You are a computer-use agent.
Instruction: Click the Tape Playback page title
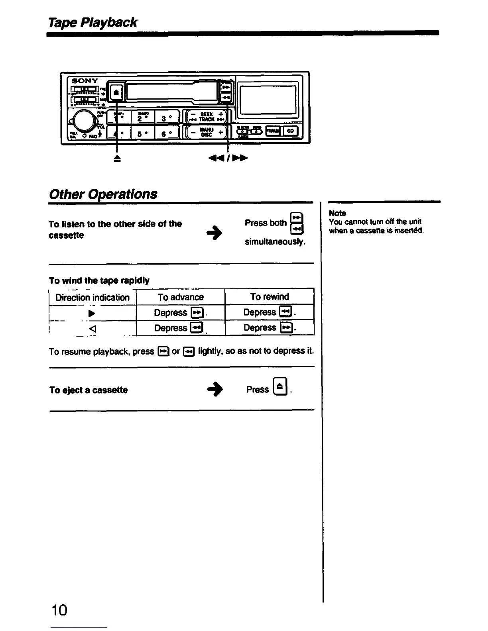[93, 22]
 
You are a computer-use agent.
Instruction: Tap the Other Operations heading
[103, 194]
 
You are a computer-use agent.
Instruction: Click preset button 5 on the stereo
[140, 133]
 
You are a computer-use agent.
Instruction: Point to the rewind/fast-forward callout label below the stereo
[228, 158]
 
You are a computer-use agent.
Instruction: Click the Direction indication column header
[92, 298]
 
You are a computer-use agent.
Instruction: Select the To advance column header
[181, 297]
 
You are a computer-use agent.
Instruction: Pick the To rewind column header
[270, 297]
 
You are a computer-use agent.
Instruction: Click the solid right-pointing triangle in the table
[92, 313]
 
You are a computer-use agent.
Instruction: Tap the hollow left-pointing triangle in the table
[92, 329]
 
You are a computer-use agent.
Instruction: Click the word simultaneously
[275, 242]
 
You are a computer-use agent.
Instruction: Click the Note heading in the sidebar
[337, 213]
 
